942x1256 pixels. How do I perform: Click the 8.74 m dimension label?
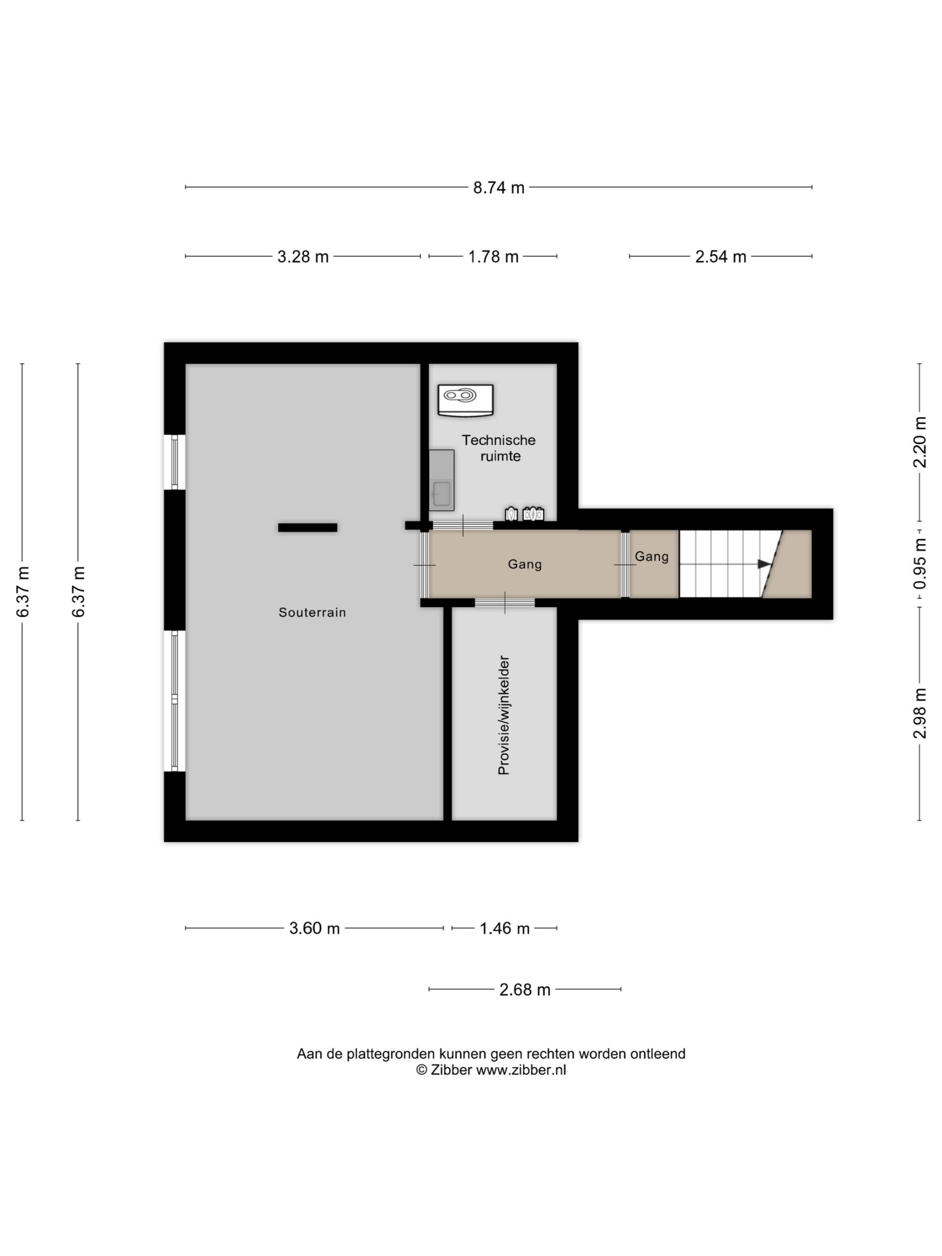tap(498, 187)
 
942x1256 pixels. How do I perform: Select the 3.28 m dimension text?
tap(303, 257)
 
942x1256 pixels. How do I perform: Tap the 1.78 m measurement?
tap(493, 257)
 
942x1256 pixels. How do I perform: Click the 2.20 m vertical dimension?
tap(919, 443)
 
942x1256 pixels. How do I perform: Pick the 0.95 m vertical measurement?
tap(919, 564)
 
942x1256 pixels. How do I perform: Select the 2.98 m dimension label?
tap(919, 714)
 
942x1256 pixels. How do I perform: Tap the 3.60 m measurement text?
tap(314, 928)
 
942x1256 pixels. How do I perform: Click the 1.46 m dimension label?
tap(504, 928)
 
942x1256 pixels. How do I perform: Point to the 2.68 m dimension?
tap(524, 990)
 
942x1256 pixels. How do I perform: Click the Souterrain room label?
tap(312, 612)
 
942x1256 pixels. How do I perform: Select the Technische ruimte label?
tap(498, 448)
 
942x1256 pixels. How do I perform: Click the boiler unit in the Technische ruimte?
tap(465, 400)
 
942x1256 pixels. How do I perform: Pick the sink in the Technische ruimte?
tap(441, 480)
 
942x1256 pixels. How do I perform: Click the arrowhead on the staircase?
tap(765, 564)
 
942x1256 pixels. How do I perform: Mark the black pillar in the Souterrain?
tap(307, 527)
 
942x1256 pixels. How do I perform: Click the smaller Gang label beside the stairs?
tap(651, 556)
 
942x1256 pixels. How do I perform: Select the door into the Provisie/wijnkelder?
tap(505, 602)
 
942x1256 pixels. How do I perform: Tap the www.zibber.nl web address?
tap(521, 1070)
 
